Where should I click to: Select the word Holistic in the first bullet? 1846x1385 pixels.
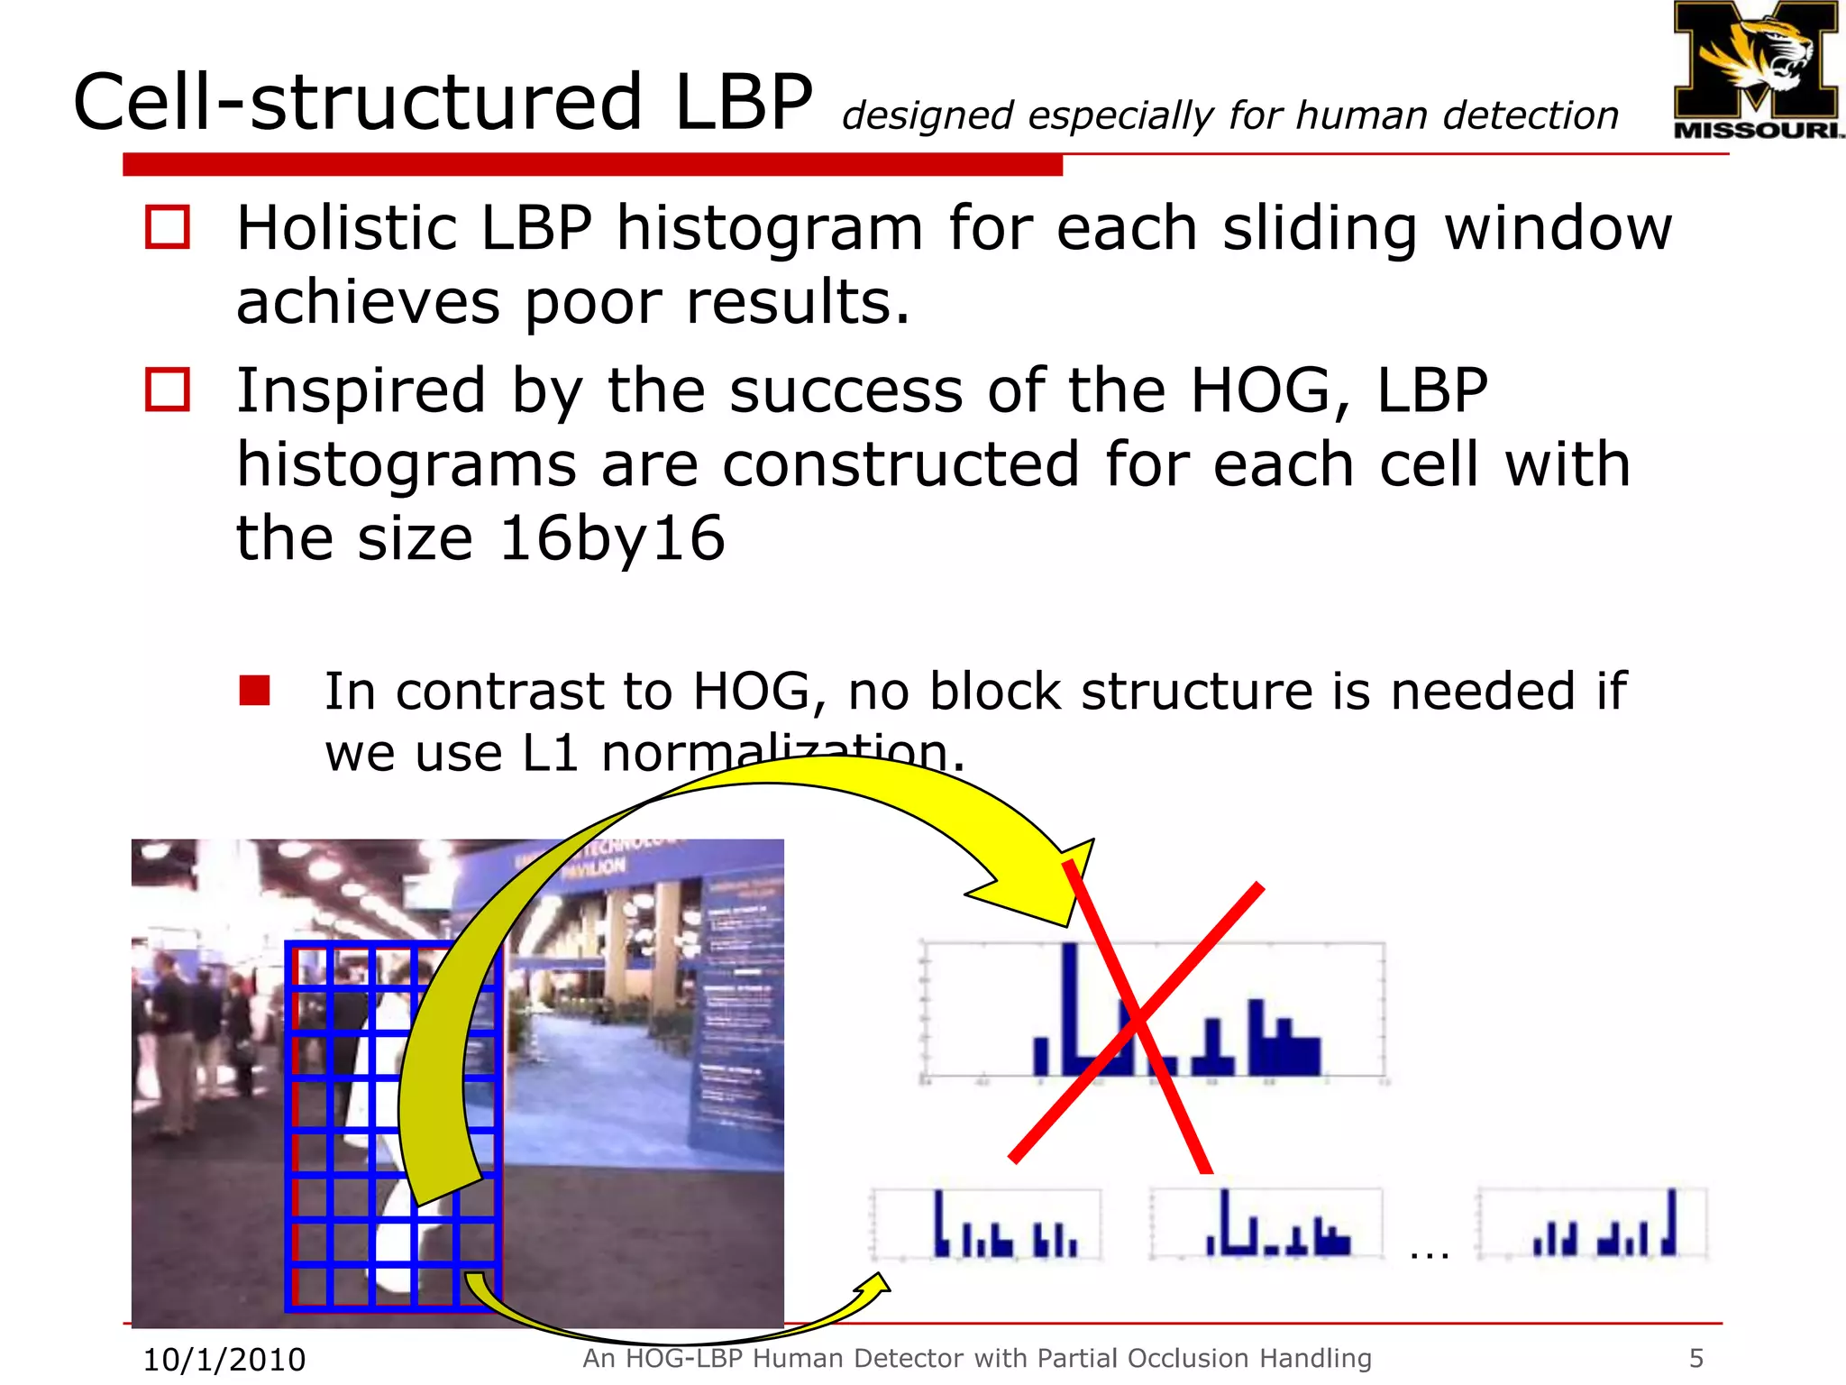coord(346,227)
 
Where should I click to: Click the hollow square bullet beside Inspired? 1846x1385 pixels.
coord(168,390)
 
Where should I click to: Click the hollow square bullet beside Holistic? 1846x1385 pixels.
coord(168,227)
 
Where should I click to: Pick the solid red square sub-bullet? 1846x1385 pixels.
coord(255,691)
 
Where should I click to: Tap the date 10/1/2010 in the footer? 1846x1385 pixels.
coord(224,1359)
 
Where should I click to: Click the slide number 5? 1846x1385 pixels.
coord(1695,1358)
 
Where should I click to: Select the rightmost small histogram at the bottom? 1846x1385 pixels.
coord(1593,1224)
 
